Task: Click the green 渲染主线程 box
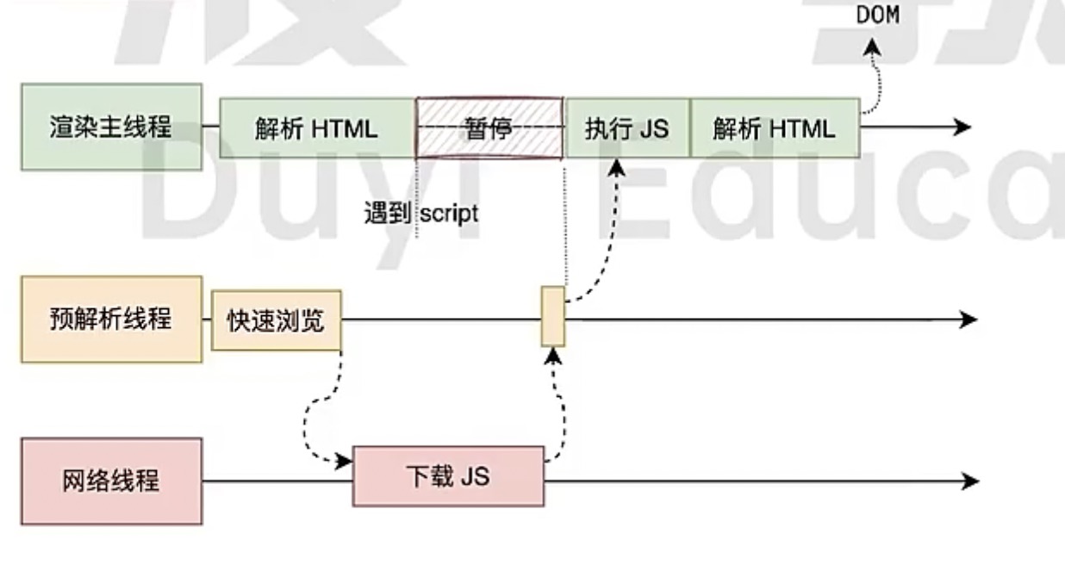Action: (111, 127)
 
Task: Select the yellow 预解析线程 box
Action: (111, 319)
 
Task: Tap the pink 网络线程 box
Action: (111, 481)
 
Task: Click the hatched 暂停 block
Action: (489, 128)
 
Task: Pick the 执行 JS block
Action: (626, 128)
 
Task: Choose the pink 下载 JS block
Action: (448, 475)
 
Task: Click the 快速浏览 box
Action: (276, 320)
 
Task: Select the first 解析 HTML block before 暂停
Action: (316, 128)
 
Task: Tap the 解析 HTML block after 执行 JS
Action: (774, 128)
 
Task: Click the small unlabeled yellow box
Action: (553, 317)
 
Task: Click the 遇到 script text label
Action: (420, 213)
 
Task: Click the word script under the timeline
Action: (449, 213)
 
